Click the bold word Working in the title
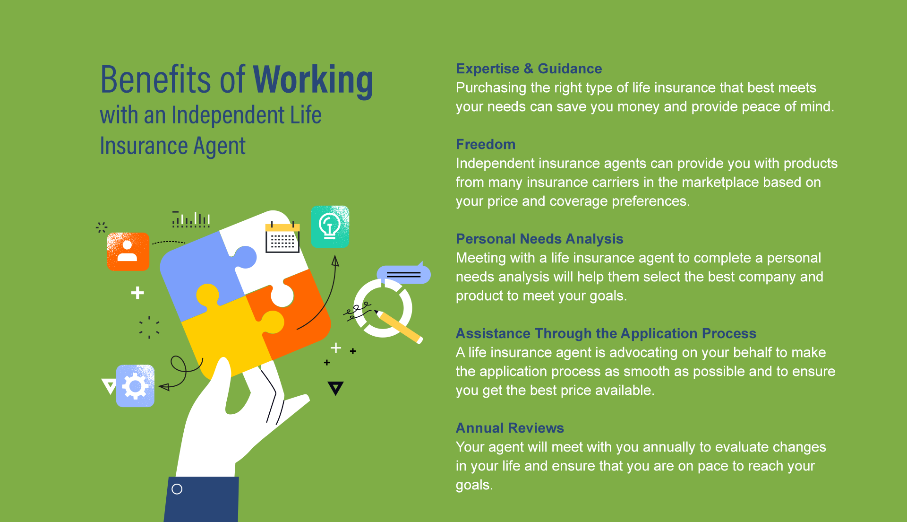[313, 80]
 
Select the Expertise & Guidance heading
[529, 69]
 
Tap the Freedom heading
[485, 144]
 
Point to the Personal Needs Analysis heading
[539, 239]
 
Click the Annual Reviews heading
[510, 428]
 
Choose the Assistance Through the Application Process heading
[606, 333]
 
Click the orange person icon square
[128, 252]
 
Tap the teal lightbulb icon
[330, 226]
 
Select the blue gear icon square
[135, 386]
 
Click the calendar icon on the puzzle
[282, 237]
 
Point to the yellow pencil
[399, 326]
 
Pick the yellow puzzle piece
[227, 331]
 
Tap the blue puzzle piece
[201, 274]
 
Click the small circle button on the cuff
[177, 489]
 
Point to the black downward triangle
[335, 388]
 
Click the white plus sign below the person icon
[137, 293]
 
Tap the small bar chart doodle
[191, 219]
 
